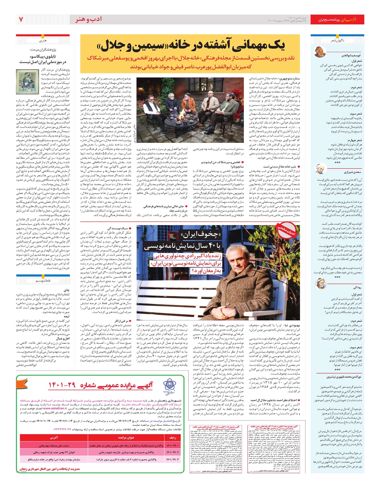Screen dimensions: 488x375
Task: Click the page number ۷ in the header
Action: [21, 19]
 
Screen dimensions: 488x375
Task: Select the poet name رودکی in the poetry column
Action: [357, 287]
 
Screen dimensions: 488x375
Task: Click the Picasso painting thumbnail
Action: [25, 81]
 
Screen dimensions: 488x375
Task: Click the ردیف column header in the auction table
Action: [172, 437]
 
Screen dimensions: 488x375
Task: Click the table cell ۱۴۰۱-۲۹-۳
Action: [172, 459]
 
